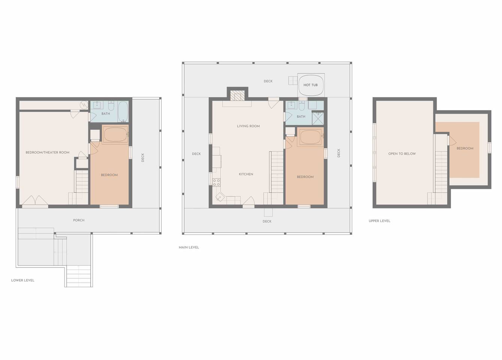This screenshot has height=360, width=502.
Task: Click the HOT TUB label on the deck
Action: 311,85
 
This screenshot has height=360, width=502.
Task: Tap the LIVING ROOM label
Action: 248,126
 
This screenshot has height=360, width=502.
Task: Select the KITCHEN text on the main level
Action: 246,174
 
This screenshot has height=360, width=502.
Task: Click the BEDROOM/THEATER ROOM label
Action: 48,153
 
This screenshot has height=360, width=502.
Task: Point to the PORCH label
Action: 79,220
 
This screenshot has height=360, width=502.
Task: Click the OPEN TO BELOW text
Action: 402,154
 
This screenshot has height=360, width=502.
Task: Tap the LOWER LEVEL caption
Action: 22,280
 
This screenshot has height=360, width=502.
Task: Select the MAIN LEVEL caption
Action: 189,247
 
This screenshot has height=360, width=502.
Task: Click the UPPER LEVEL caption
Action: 379,221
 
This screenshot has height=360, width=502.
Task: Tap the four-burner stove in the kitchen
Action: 216,183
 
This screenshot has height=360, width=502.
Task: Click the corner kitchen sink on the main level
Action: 220,197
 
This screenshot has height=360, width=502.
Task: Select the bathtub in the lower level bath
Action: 123,112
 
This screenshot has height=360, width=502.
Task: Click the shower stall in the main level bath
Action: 318,118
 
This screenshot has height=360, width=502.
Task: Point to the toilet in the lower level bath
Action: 111,105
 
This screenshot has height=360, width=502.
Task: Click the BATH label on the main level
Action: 301,117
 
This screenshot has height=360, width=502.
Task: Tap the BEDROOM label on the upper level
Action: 465,148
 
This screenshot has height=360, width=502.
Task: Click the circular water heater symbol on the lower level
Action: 84,105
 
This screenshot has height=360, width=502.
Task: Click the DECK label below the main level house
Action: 267,221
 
